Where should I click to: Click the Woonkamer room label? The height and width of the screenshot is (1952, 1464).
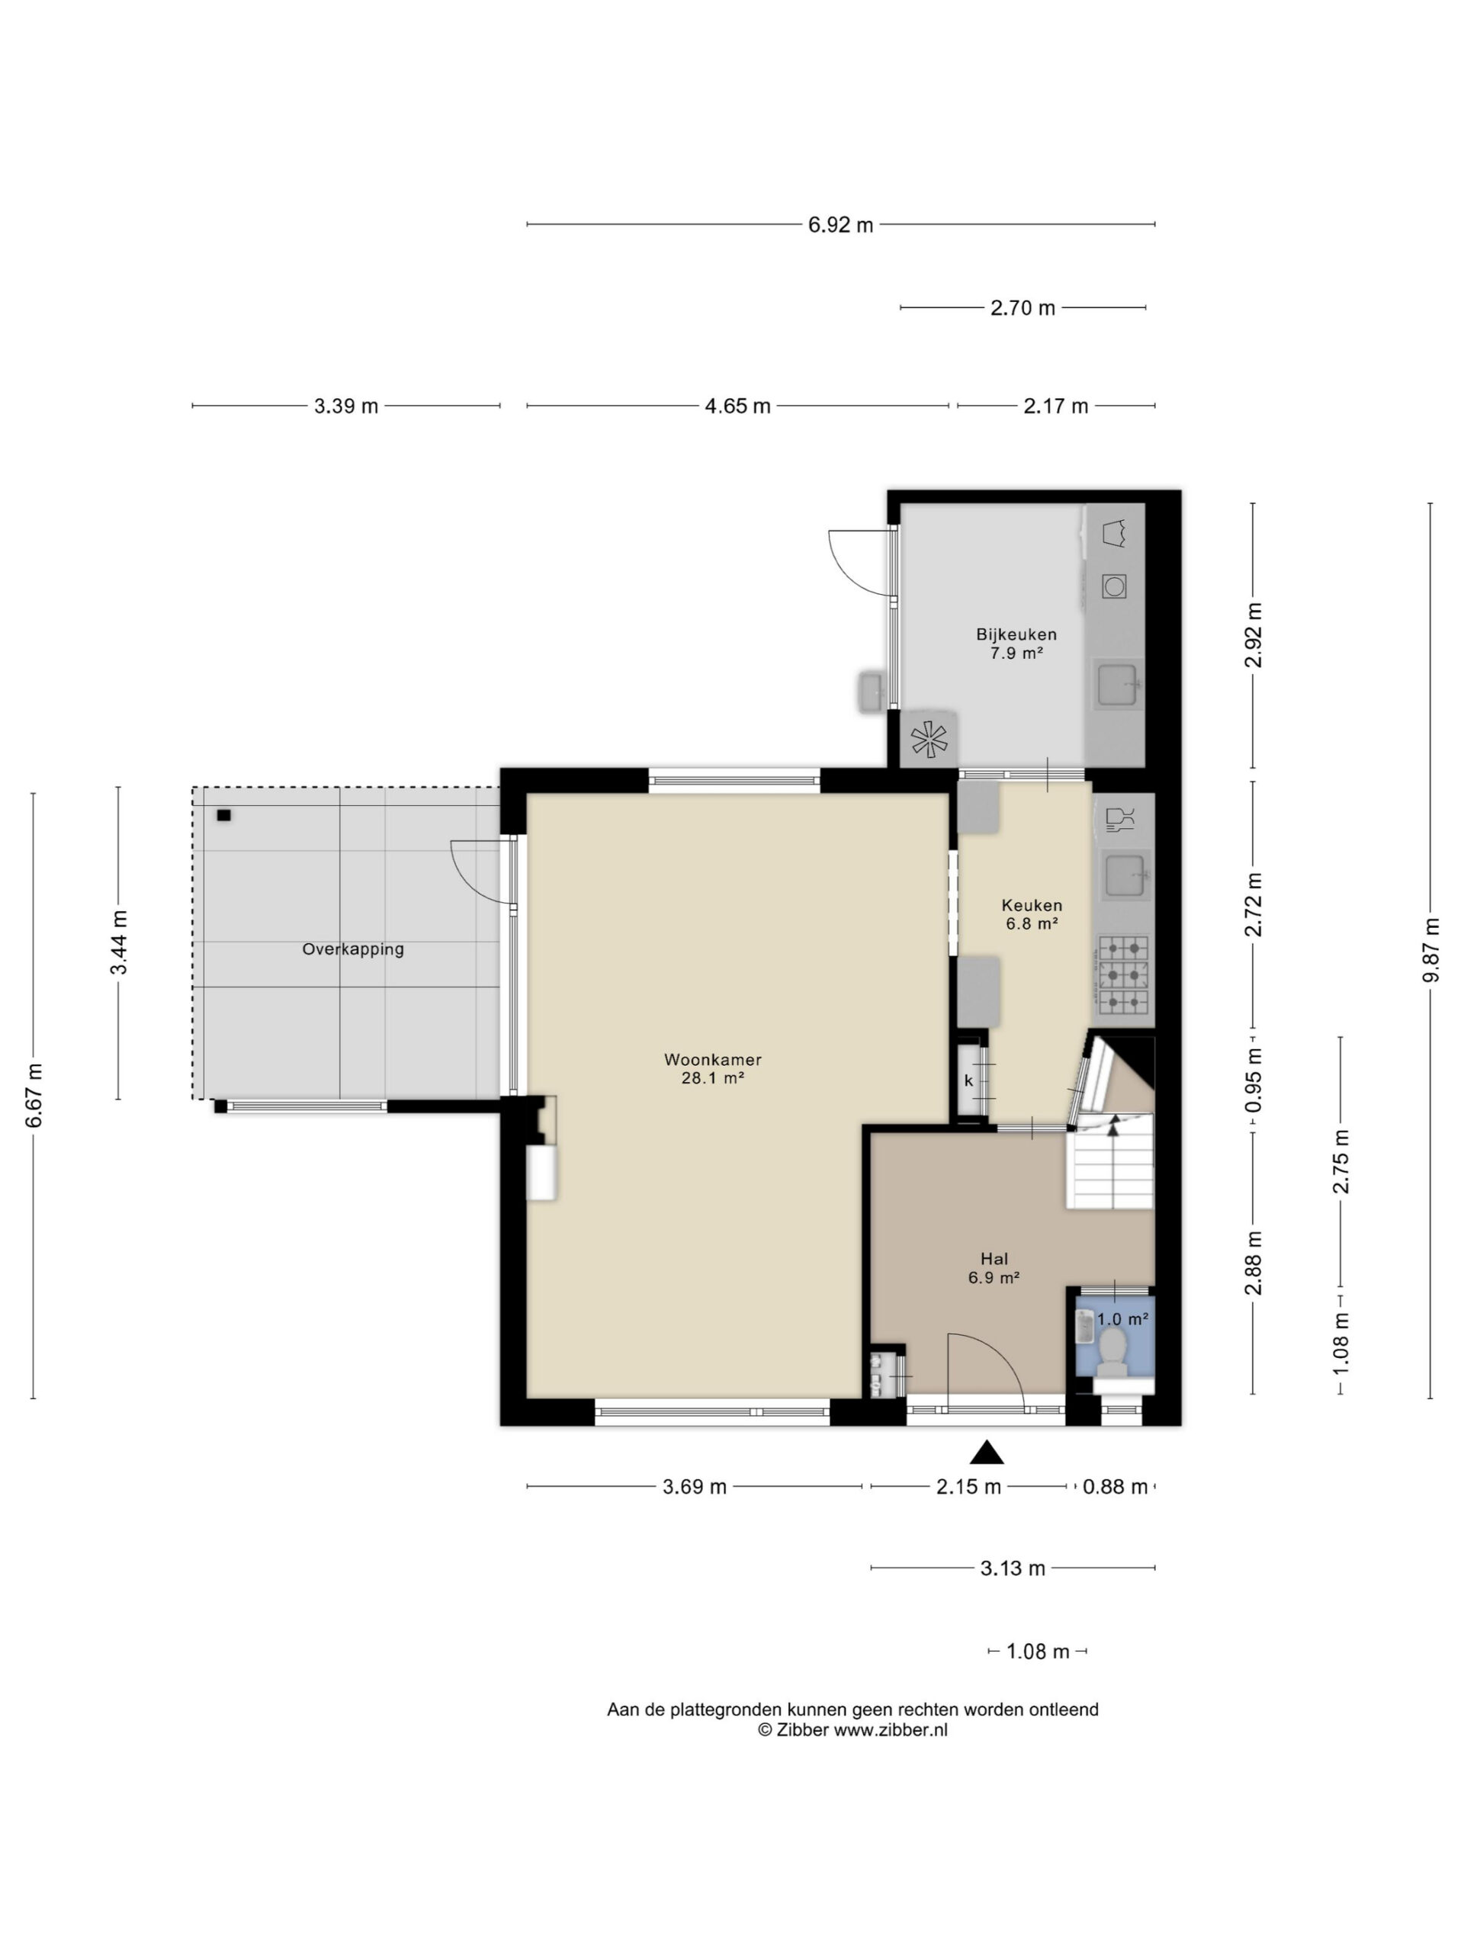[x=712, y=1059]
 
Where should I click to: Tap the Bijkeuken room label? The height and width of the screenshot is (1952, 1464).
[x=1016, y=634]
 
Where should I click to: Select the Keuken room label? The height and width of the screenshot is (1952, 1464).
[x=1032, y=904]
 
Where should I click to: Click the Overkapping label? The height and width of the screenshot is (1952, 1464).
[x=353, y=949]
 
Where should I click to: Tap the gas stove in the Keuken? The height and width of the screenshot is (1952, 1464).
[x=1124, y=974]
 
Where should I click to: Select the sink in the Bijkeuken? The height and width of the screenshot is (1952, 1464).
[x=1118, y=685]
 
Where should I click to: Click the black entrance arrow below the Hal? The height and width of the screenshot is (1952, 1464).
[x=987, y=1453]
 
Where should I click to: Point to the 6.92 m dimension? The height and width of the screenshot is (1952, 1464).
[x=840, y=225]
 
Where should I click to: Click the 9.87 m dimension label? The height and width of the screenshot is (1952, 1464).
[x=1431, y=950]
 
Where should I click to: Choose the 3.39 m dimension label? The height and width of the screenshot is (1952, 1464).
[x=346, y=406]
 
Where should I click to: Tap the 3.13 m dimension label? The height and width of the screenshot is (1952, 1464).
[x=1012, y=1568]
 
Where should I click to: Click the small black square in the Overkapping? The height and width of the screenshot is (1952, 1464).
[x=223, y=815]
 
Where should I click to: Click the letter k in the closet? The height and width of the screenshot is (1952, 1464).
[x=968, y=1080]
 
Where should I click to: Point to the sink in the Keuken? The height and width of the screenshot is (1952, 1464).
[x=1127, y=875]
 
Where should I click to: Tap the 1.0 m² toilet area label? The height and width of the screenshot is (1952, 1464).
[x=1122, y=1319]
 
